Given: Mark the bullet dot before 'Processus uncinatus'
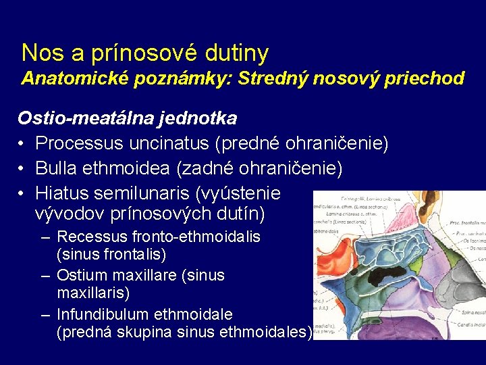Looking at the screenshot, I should [x=22, y=144].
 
